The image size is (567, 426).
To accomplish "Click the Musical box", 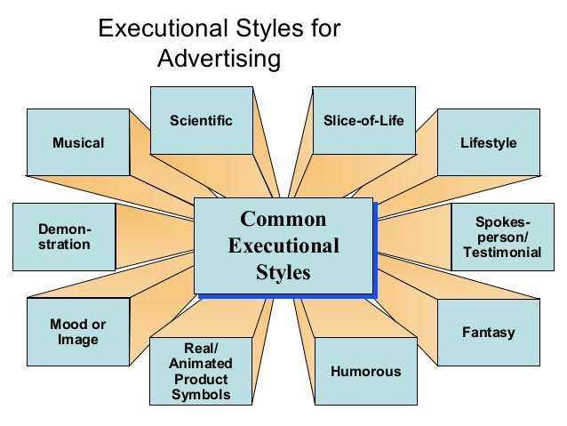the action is tap(77, 142).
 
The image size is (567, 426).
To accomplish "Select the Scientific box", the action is tap(201, 120).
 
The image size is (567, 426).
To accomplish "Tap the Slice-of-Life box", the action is tap(363, 120).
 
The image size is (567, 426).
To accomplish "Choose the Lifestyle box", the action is tap(488, 142).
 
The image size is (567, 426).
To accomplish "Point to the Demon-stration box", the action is tap(64, 236).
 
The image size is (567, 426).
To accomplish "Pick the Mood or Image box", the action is tap(77, 332).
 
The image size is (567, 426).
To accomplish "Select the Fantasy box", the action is tap(488, 333).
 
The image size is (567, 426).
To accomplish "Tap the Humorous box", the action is tap(365, 371).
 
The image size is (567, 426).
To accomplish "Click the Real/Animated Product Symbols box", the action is tap(201, 371).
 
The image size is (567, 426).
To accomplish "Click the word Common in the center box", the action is tap(283, 220).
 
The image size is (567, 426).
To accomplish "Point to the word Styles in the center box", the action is tap(283, 271).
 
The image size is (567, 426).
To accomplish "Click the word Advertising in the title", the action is tap(218, 60).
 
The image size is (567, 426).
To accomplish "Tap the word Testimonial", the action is tap(502, 253).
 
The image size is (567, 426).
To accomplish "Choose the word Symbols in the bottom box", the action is tap(201, 394).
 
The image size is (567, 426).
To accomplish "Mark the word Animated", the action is tap(201, 363).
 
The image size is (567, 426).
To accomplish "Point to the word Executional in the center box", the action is tap(283, 245).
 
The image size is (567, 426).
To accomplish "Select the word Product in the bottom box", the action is tap(201, 379).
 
